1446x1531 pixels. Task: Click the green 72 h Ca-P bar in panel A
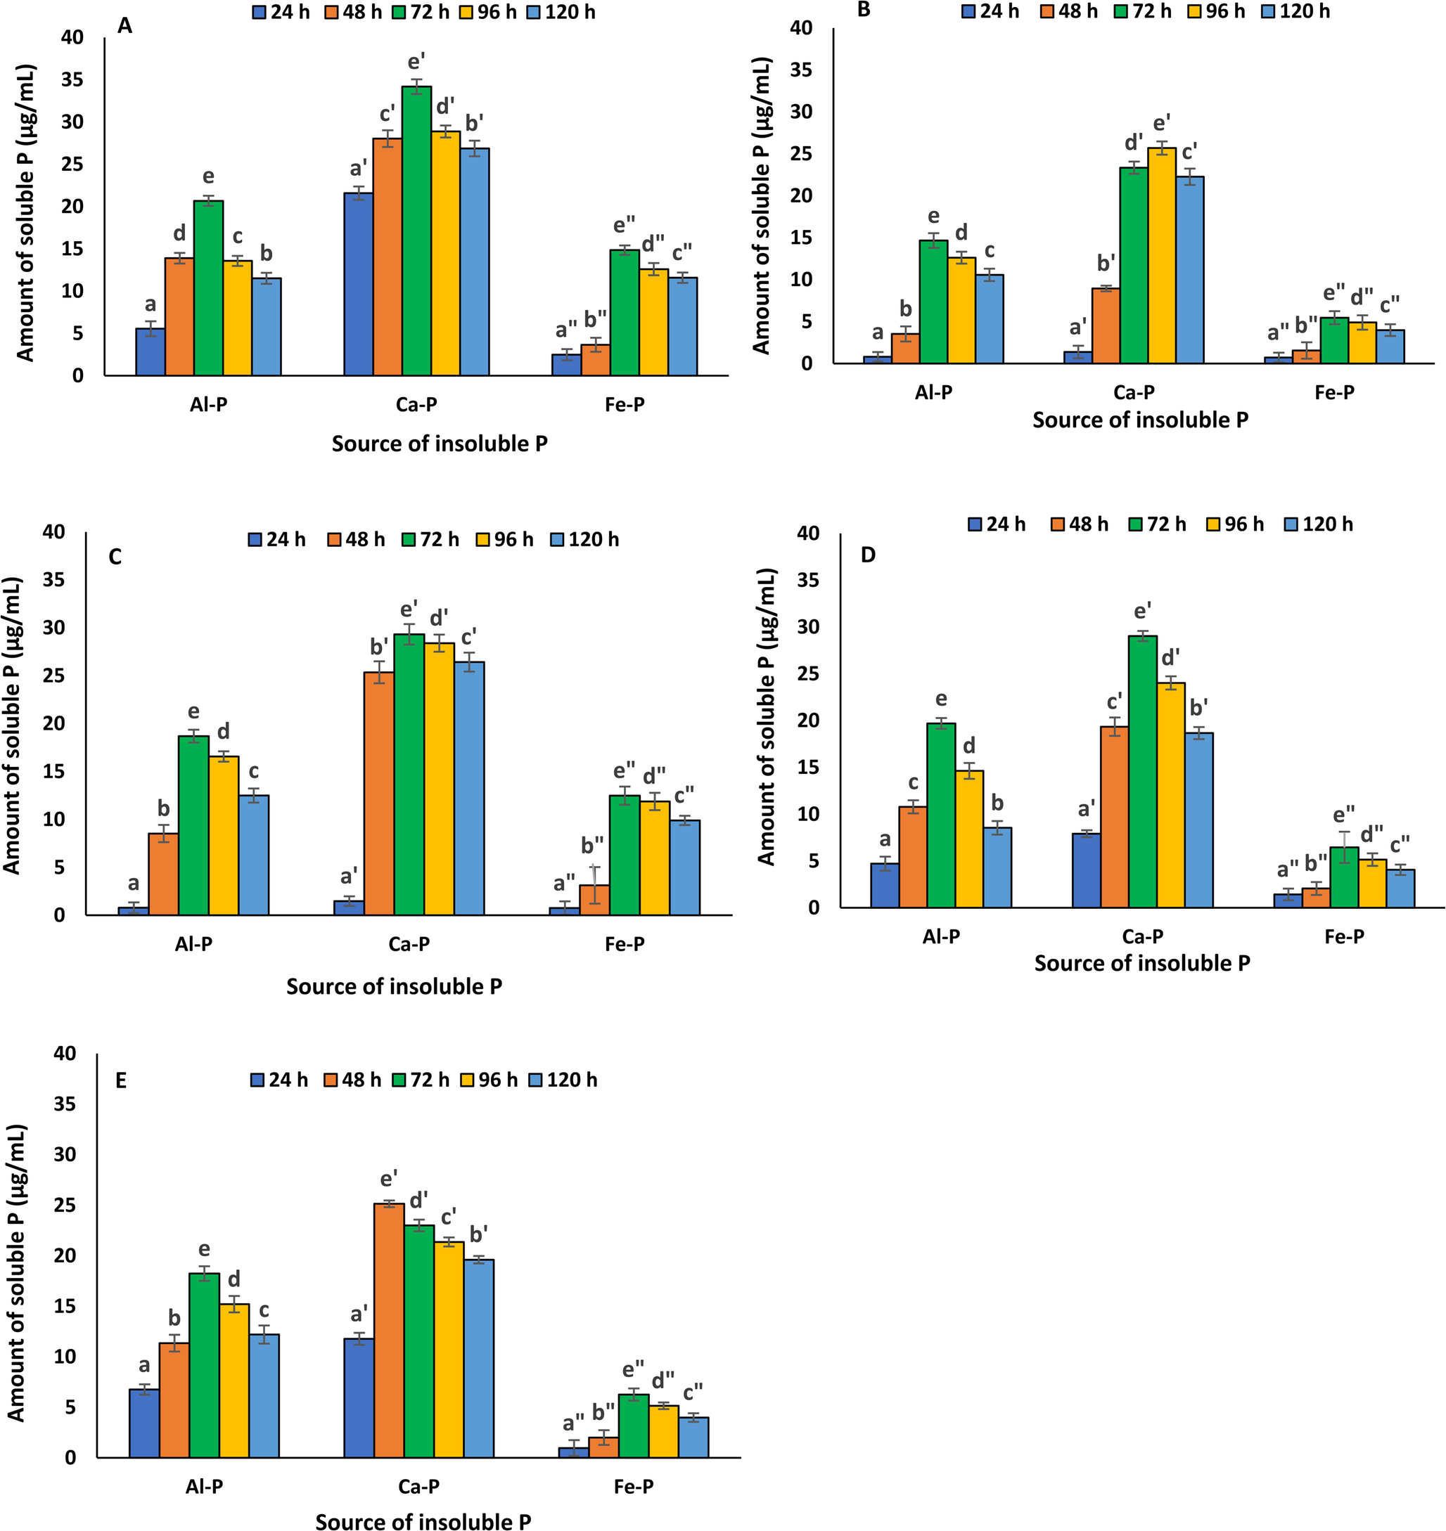coord(416,231)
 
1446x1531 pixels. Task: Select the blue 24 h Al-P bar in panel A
coord(151,352)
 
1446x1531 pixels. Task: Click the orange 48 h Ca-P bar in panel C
coord(378,794)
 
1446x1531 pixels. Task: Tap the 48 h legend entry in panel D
coord(1079,524)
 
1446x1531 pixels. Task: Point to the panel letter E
coord(121,1080)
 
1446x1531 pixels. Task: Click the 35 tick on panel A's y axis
coord(73,80)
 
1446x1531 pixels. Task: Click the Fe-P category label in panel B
coord(1334,392)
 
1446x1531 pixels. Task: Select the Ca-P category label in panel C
coord(409,944)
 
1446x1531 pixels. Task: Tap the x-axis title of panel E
coord(423,1520)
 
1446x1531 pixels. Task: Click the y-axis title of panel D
coord(766,716)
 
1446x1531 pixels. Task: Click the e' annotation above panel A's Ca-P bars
coord(417,62)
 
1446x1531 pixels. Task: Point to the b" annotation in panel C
coord(592,846)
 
